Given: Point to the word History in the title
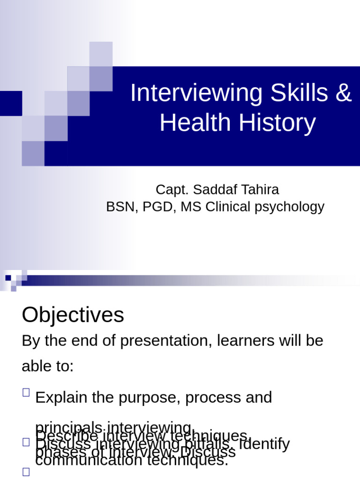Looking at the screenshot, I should (277, 123).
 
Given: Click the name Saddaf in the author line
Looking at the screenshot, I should (212, 190).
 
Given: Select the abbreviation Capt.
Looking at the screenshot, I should (172, 190).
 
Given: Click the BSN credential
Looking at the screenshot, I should (120, 207).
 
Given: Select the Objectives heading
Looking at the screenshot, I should (73, 315).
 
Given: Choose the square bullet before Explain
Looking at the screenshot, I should (26, 393).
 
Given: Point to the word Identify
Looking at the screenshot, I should (264, 443).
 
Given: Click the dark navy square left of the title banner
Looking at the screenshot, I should (11, 103).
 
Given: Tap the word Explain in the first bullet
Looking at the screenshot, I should (61, 397).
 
